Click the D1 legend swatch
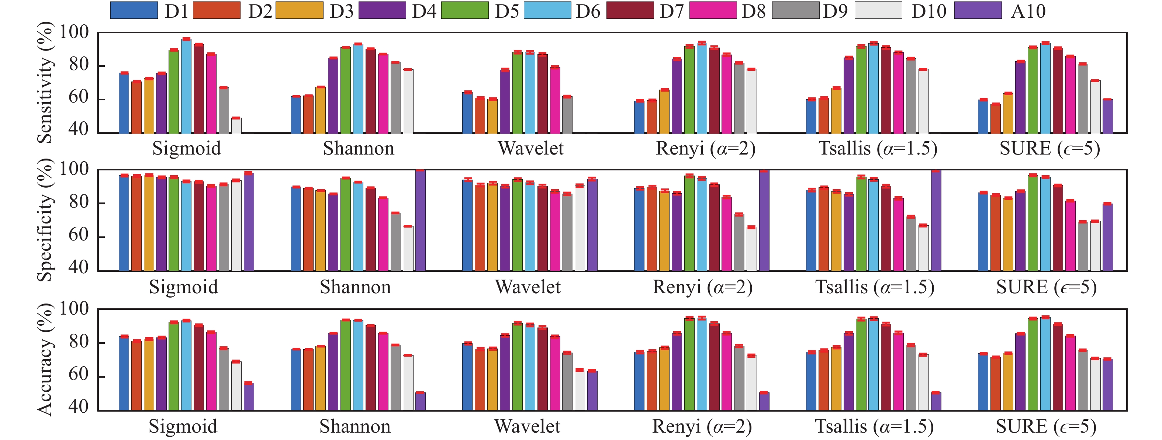(134, 10)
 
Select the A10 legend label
(1028, 11)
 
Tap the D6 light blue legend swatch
(547, 10)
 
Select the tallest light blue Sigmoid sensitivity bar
(186, 86)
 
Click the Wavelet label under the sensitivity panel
(530, 148)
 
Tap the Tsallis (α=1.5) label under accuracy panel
(874, 426)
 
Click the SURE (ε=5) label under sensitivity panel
(1050, 148)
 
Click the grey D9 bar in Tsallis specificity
(911, 243)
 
